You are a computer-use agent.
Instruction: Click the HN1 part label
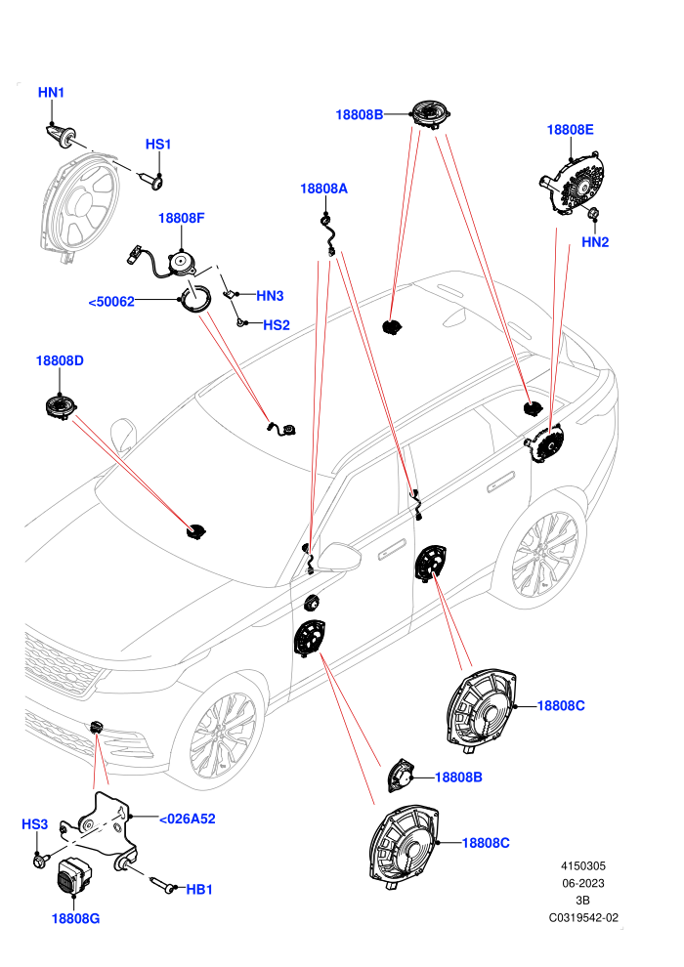(x=51, y=93)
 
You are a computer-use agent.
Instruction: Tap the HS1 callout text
(x=158, y=145)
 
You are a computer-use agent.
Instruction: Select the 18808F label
(x=182, y=219)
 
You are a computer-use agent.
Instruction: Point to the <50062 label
(x=111, y=302)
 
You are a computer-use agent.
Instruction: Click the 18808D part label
(x=60, y=360)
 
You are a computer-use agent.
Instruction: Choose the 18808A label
(x=323, y=189)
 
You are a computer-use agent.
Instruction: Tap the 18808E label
(x=571, y=130)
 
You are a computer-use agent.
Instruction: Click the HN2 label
(x=595, y=242)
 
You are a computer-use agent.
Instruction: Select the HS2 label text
(x=277, y=325)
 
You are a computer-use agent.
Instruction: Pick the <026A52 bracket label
(x=188, y=819)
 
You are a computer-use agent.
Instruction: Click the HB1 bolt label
(x=199, y=889)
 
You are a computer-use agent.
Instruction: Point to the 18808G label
(x=75, y=919)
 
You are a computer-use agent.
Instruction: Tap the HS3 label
(x=34, y=824)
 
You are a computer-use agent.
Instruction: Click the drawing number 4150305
(x=582, y=865)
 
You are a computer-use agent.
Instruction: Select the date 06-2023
(x=582, y=883)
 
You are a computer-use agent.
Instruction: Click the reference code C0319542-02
(x=583, y=917)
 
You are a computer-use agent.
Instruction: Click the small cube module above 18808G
(x=73, y=874)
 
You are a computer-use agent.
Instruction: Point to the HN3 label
(x=270, y=296)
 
